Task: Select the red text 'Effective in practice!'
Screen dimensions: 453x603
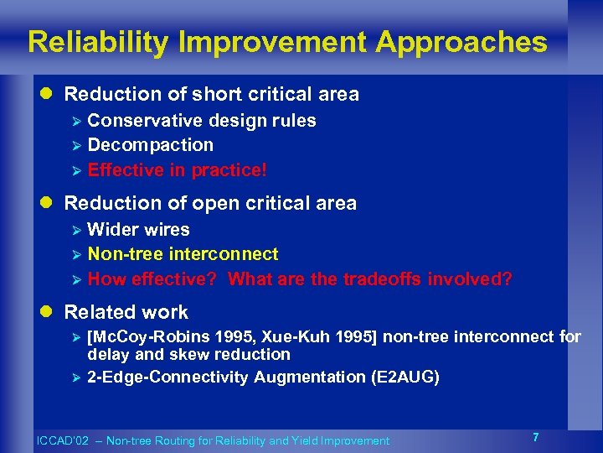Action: point(178,170)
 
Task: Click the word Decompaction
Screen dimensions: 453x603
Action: point(151,145)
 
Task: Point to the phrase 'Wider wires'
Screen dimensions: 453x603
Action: point(139,230)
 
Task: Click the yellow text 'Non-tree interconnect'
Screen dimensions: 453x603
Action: point(183,254)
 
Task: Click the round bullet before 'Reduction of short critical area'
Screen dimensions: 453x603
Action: point(49,95)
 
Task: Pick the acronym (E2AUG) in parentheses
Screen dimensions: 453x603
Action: point(405,377)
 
